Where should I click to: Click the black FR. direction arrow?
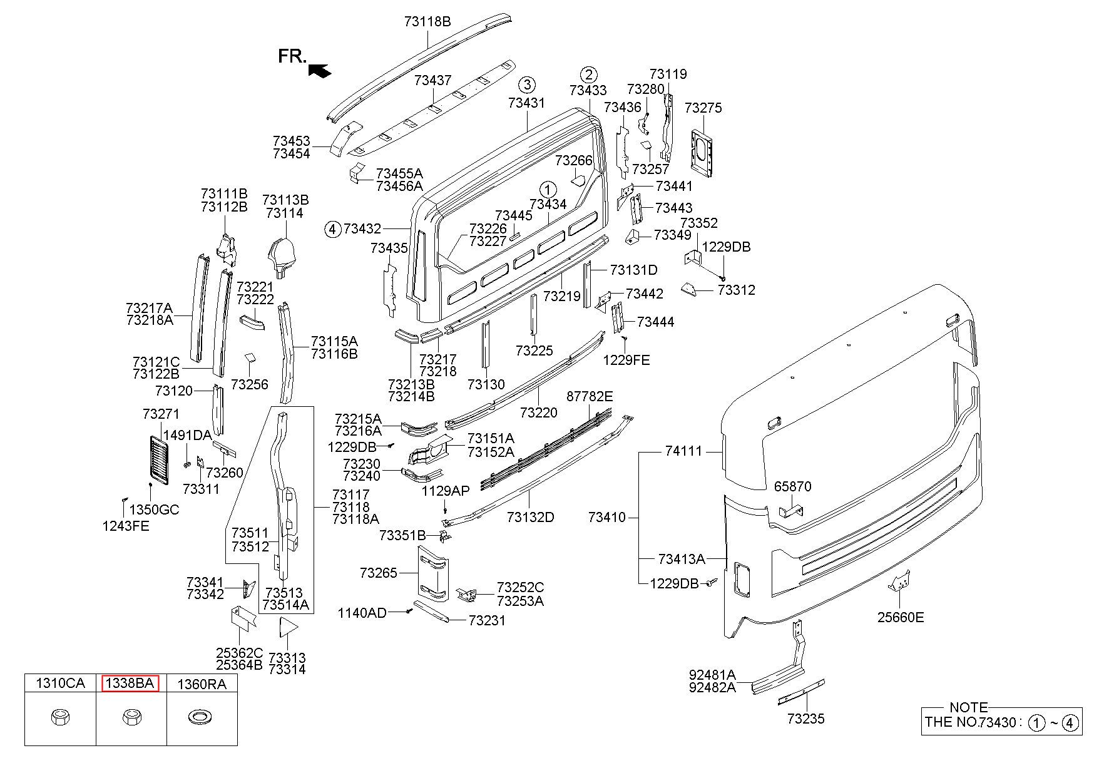(x=320, y=69)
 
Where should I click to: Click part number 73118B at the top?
(x=427, y=22)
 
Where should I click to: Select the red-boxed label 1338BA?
(x=130, y=684)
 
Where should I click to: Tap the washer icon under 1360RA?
(x=200, y=717)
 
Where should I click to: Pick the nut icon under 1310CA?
(x=59, y=717)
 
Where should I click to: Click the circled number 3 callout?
(x=527, y=85)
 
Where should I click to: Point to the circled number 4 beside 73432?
(x=332, y=230)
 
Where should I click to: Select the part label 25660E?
(x=901, y=617)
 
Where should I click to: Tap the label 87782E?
(x=590, y=396)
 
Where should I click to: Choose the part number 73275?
(x=703, y=108)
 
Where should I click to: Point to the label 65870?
(x=792, y=486)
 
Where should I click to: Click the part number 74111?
(x=684, y=451)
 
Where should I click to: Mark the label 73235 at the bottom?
(x=806, y=719)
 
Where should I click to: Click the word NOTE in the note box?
(x=969, y=707)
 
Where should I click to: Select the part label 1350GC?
(x=154, y=510)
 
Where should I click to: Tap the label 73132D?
(x=531, y=517)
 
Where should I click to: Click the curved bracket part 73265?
(x=432, y=574)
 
